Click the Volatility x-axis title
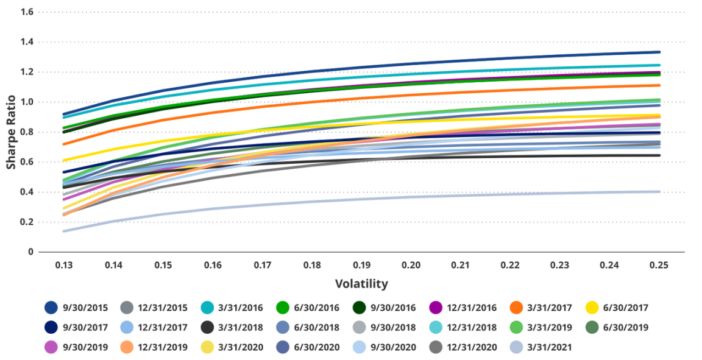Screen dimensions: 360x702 tap(361, 284)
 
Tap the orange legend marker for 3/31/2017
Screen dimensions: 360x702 tap(516, 308)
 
